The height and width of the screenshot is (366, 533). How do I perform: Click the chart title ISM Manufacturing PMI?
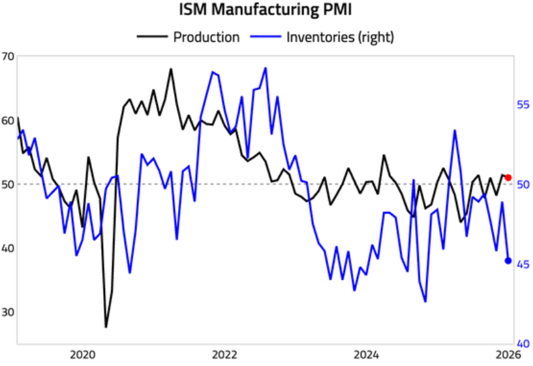click(x=266, y=11)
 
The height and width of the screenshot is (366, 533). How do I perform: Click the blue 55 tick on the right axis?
click(x=523, y=104)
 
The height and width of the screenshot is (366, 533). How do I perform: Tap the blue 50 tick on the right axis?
click(x=523, y=184)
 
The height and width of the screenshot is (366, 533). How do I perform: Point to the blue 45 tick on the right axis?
click(x=523, y=264)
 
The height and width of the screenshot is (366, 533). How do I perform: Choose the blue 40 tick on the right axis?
click(x=523, y=344)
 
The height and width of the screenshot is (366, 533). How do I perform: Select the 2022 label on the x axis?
click(x=224, y=355)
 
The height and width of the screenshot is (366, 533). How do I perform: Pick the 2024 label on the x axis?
click(x=367, y=355)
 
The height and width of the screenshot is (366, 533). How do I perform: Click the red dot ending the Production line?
click(x=508, y=177)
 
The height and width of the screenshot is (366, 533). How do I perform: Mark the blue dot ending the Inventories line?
click(x=508, y=261)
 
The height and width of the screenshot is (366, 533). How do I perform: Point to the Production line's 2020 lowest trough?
click(x=106, y=327)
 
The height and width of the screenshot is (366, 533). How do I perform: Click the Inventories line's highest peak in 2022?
click(x=266, y=68)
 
